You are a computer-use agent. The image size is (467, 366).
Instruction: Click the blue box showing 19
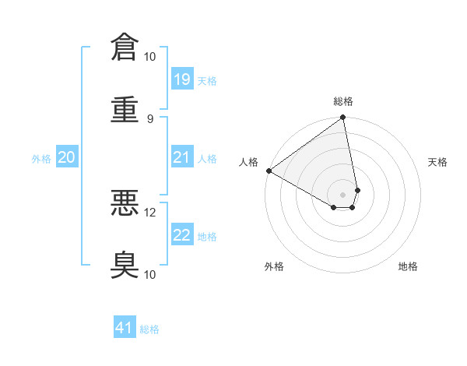coord(181,79)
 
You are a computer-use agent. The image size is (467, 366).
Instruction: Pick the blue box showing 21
coord(181,157)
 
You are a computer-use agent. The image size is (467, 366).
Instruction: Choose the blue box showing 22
coord(181,235)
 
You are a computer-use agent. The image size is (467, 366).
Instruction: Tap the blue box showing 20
coord(66,157)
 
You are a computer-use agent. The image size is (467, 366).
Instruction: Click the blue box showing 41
coord(125,328)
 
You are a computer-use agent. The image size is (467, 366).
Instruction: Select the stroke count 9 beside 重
coord(150,118)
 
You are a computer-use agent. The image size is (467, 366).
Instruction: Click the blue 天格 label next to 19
coord(207,80)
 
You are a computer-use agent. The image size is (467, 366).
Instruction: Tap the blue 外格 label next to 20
coord(41,158)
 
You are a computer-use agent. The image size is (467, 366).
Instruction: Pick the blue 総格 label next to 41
coord(149,329)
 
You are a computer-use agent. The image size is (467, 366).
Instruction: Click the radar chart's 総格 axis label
coord(343,101)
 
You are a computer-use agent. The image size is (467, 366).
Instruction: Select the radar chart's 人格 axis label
coord(248,162)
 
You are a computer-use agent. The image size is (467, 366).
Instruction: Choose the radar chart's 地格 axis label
coord(408,266)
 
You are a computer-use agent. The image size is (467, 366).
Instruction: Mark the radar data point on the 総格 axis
coord(343,118)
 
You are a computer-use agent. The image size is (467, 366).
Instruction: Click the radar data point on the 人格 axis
coord(269,171)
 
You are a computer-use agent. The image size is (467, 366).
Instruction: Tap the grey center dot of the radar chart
coord(343,194)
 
